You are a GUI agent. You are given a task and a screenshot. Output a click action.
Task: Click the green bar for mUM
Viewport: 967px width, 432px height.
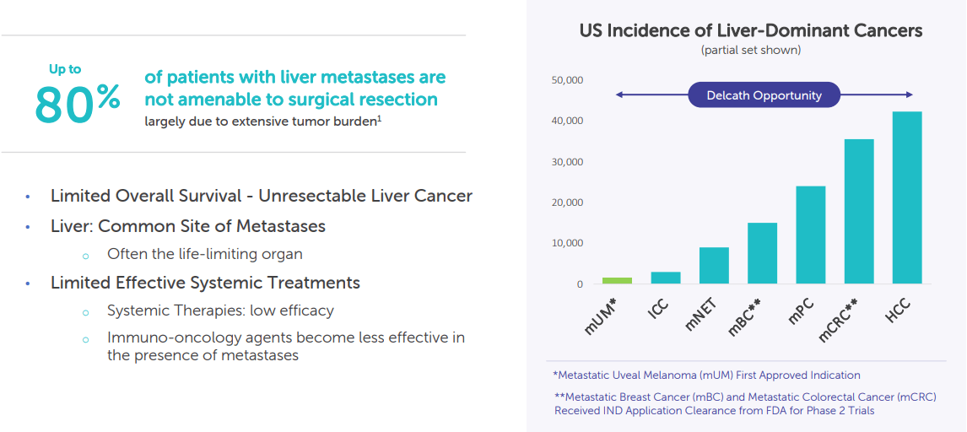click(x=617, y=280)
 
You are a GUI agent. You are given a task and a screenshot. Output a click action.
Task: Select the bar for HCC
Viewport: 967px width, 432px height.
click(x=906, y=197)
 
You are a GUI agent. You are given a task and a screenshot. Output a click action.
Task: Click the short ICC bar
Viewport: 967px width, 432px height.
click(x=665, y=278)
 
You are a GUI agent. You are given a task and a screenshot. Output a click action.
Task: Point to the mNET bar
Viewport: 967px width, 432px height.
click(x=714, y=265)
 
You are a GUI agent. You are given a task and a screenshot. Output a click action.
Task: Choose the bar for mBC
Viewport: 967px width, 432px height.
click(x=762, y=253)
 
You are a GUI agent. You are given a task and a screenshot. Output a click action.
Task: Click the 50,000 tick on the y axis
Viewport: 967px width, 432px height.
click(x=567, y=80)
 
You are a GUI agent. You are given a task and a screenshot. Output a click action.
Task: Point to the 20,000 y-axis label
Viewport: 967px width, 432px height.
click(x=567, y=202)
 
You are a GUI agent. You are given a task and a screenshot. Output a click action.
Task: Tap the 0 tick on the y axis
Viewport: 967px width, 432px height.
click(x=580, y=284)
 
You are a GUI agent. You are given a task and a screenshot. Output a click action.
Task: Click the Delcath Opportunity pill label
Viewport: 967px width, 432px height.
click(x=764, y=95)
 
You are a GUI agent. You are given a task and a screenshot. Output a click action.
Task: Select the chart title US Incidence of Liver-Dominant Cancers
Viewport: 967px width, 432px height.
click(x=750, y=31)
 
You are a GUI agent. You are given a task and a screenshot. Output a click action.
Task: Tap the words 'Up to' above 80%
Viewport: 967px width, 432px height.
click(x=65, y=69)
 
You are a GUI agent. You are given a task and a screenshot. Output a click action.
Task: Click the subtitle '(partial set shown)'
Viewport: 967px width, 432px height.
click(x=750, y=51)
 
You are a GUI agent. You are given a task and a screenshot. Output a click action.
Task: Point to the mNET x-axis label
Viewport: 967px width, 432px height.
click(x=702, y=314)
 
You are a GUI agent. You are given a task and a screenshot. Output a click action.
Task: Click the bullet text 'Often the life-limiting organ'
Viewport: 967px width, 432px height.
click(x=204, y=254)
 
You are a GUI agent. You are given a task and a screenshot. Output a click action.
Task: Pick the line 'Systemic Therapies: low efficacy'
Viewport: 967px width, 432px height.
click(x=220, y=310)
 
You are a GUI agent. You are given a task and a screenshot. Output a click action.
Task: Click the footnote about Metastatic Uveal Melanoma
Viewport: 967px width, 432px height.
click(x=706, y=375)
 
